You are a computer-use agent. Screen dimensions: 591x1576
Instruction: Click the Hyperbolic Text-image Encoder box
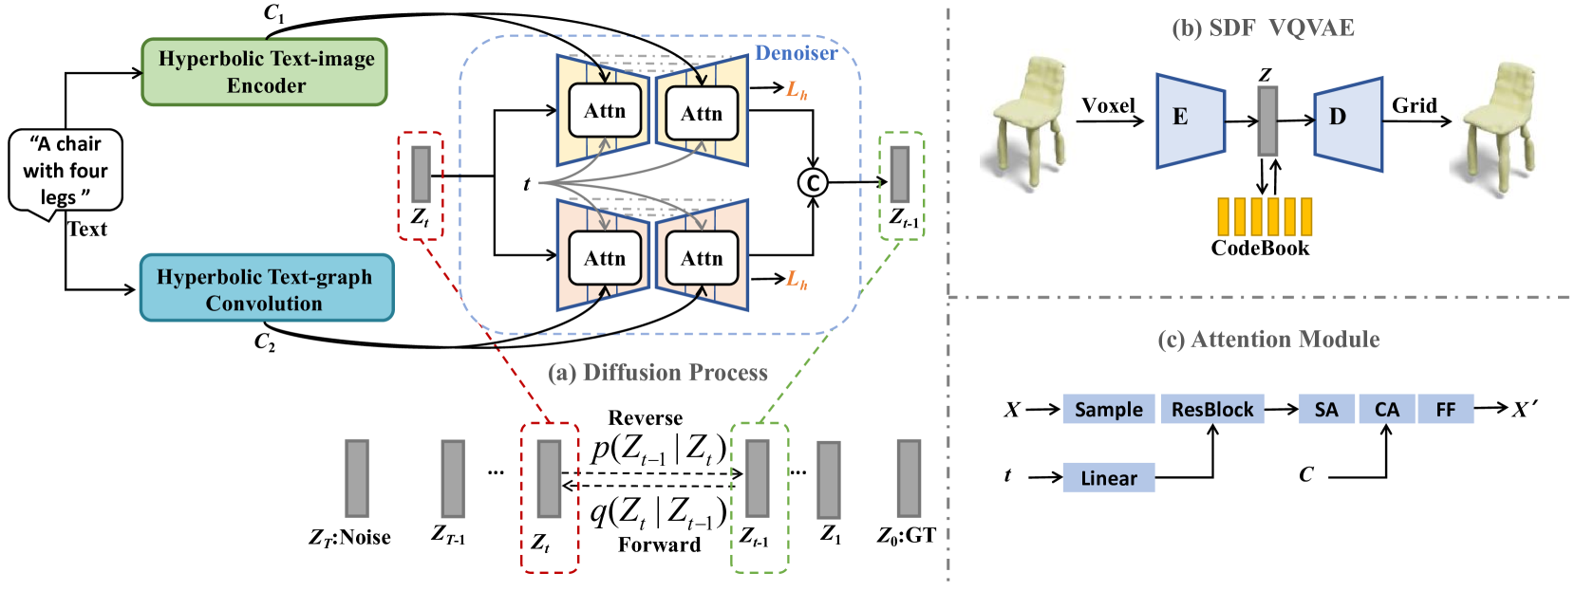pos(265,72)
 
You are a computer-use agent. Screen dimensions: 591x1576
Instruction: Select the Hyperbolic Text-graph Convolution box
pos(266,288)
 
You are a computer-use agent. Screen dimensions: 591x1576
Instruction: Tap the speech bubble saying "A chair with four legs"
pos(66,171)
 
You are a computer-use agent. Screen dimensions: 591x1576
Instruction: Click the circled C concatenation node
pos(812,182)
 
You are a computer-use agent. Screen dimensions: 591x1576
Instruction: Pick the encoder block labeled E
pos(1190,120)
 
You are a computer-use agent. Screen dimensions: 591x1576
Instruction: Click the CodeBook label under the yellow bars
pos(1260,249)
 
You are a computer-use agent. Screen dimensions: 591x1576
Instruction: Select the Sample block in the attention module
pos(1108,410)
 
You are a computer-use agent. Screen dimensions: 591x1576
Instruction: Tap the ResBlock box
pos(1212,410)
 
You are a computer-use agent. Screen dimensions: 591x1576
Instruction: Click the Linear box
pos(1108,478)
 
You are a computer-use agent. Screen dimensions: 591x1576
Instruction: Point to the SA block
pos(1326,410)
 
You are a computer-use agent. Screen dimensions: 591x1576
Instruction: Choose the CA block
pos(1387,410)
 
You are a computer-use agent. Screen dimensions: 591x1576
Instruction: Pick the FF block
pos(1445,410)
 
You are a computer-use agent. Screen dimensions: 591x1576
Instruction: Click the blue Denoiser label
pos(796,53)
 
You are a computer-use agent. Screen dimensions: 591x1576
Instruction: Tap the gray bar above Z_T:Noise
pos(357,478)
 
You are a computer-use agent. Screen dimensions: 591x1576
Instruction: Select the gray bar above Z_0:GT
pos(909,478)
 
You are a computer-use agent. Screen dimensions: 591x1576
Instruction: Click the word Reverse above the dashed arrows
pos(646,418)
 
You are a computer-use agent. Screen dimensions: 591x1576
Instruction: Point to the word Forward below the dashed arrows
pos(659,545)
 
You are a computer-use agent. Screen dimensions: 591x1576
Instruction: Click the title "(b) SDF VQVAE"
pos(1263,28)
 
